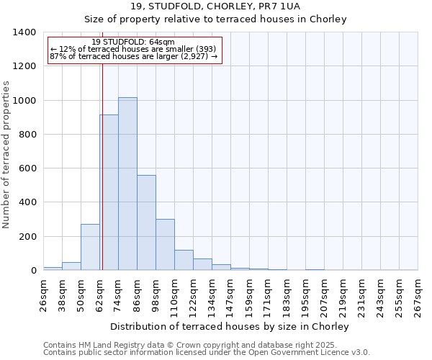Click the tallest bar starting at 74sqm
pos(127,184)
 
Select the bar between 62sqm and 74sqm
pos(109,192)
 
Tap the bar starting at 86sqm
pos(146,222)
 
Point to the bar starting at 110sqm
pos(184,260)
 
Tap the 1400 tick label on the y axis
pos(24,32)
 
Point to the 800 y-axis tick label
pos(27,135)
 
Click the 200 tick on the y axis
pos(27,237)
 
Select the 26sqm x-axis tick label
pos(43,294)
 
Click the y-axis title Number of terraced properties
pos(7,155)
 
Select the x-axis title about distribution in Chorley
pos(230,326)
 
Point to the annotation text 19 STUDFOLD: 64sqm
pos(133,42)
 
